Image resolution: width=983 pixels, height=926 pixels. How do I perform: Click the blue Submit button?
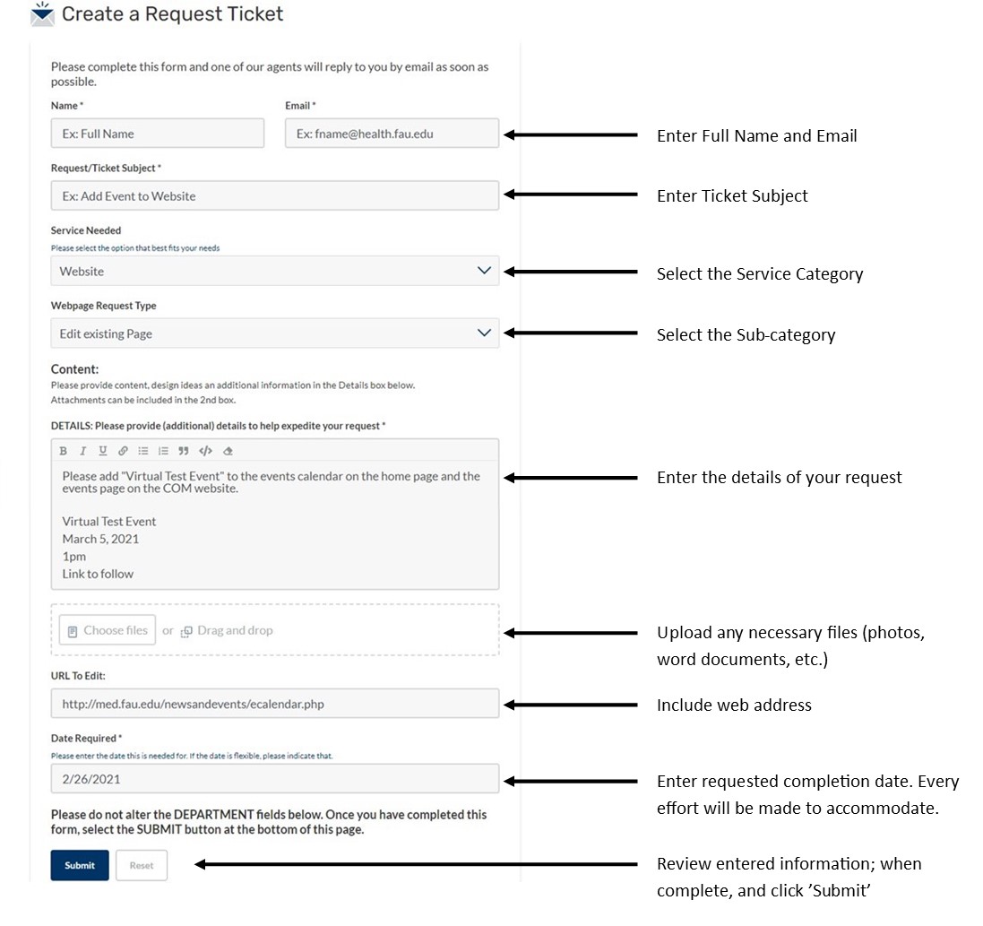point(80,865)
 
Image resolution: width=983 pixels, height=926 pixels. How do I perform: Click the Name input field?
point(158,134)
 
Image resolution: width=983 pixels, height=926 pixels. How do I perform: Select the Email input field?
point(392,134)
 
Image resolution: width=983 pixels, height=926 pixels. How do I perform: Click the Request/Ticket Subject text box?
point(274,196)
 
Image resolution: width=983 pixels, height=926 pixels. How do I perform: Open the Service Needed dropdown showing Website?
point(274,271)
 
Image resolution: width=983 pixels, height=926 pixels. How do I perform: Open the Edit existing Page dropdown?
point(274,333)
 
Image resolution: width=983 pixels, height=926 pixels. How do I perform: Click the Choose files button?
point(108,630)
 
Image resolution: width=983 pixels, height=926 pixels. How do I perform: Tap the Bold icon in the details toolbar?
point(64,451)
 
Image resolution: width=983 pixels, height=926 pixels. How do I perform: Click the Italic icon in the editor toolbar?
point(83,451)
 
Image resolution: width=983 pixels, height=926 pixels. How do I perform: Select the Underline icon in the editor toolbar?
point(103,451)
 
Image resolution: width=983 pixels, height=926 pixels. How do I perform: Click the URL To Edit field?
point(274,704)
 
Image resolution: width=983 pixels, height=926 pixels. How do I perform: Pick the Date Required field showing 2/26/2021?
point(274,779)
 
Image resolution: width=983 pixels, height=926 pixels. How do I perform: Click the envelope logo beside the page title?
point(42,14)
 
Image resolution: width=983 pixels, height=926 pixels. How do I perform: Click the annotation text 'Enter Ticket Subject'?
point(732,196)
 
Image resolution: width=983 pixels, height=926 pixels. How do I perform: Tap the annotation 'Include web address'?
point(734,705)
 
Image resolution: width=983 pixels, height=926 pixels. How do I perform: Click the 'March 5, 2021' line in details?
point(100,539)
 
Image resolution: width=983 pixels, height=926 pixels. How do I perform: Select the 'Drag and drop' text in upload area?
point(235,630)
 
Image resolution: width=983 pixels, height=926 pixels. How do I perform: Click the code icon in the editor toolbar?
point(205,451)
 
